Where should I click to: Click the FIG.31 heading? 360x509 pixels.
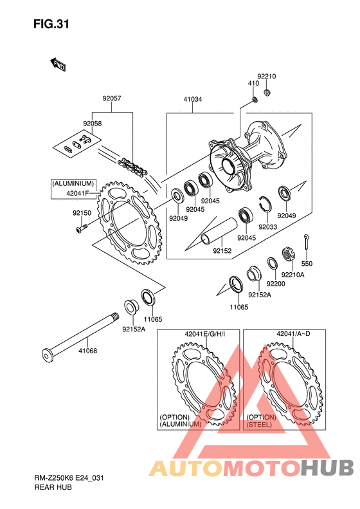pyautogui.click(x=51, y=24)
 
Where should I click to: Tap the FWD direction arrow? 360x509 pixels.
pyautogui.click(x=58, y=64)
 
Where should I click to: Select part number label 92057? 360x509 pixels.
pyautogui.click(x=112, y=98)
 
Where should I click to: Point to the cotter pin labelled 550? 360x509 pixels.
pyautogui.click(x=306, y=242)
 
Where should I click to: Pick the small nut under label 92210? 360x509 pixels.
pyautogui.click(x=267, y=93)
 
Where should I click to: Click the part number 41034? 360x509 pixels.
pyautogui.click(x=193, y=99)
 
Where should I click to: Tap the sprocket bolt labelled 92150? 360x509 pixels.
pyautogui.click(x=82, y=228)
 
